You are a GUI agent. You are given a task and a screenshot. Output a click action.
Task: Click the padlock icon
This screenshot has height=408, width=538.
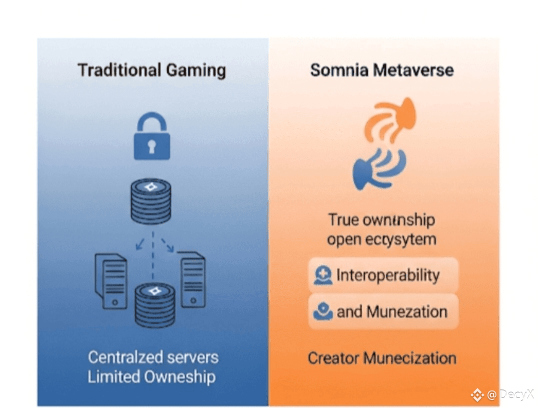point(151,136)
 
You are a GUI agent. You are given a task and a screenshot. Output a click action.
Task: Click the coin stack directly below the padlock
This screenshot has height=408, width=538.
point(151,201)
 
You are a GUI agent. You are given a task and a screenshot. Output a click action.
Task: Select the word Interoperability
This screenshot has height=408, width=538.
point(388,275)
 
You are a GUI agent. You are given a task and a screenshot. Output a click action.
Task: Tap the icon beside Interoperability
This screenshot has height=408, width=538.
point(323,275)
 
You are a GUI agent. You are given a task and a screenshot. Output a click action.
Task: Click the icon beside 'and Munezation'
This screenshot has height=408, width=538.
point(323,311)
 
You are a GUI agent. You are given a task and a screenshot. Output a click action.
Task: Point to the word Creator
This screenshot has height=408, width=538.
point(333,358)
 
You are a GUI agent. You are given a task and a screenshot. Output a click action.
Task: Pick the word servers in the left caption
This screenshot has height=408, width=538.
point(193,357)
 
